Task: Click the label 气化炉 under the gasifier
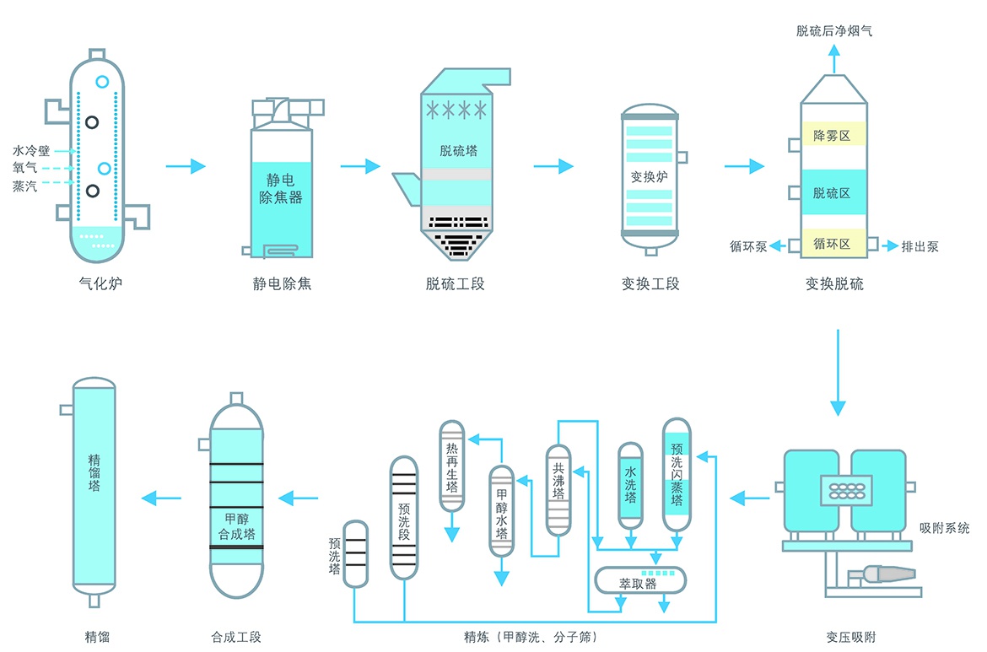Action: coord(100,284)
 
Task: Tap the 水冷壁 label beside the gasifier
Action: coord(31,151)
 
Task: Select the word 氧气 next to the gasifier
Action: coord(24,169)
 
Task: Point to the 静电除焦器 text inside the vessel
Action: coord(280,190)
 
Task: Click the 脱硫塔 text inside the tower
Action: coord(458,152)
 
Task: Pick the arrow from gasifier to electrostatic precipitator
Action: coord(186,166)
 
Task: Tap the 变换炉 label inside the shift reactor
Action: coord(650,177)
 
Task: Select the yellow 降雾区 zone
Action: coord(832,136)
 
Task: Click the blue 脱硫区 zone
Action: coord(832,193)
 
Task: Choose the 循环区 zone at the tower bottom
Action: coord(832,245)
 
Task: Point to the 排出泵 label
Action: coord(920,247)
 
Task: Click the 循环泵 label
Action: coord(748,247)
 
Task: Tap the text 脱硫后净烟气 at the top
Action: coord(834,31)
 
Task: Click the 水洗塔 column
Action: coord(630,484)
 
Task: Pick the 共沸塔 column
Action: coord(558,489)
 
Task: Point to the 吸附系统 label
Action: coord(945,528)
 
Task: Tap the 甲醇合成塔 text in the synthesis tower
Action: coord(236,526)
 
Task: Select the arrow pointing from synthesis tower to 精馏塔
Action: coord(161,499)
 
